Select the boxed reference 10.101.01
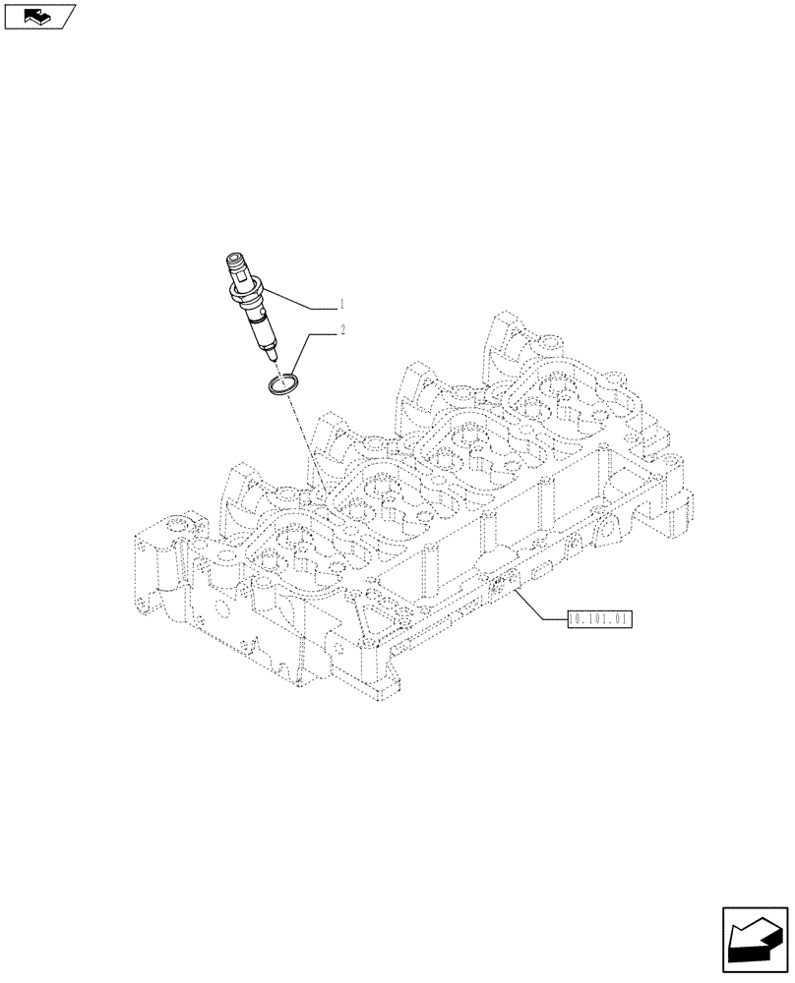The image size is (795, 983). pos(598,619)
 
